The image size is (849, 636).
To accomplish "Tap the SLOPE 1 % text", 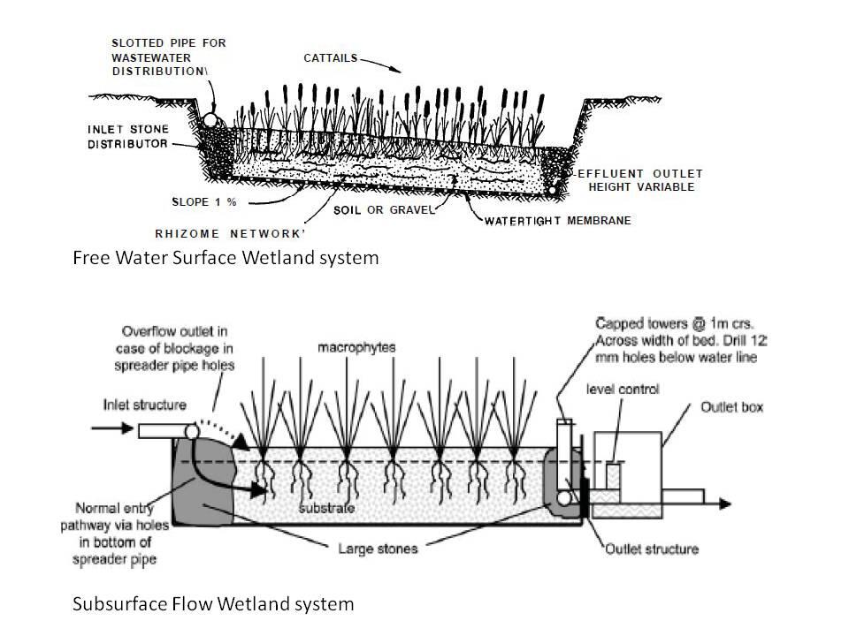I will point(204,201).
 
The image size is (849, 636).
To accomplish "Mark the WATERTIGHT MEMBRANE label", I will point(557,221).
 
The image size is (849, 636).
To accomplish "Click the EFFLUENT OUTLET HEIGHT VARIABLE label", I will point(637,180).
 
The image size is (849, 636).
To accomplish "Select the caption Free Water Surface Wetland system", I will point(225,259).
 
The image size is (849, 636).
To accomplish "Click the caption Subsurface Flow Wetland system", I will point(212,604).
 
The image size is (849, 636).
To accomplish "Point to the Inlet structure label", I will point(143,405).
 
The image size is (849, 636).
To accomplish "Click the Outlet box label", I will point(731,407).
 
